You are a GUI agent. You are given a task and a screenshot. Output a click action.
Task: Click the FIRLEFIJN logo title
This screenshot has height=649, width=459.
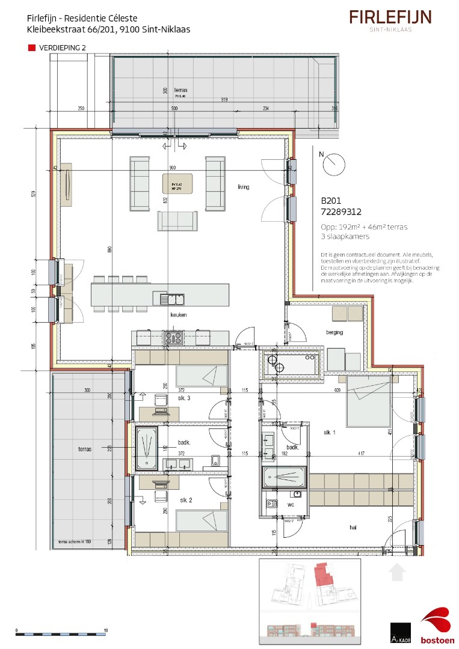pos(390,17)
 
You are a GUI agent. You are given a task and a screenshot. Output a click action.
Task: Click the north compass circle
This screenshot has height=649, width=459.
pos(334,163)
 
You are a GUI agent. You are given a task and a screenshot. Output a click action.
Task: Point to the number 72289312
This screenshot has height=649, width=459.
pos(341,212)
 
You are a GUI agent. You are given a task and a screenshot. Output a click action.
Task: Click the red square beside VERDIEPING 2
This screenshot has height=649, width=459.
pos(32,47)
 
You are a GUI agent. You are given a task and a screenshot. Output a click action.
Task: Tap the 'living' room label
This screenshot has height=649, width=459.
pos(243,187)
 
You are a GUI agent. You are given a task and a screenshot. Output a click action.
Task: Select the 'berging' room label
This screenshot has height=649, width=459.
pos(334,332)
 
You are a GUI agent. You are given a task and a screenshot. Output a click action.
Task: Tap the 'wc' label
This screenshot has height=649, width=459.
pos(290,505)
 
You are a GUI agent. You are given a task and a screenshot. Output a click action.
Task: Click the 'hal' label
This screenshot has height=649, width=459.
pos(353,528)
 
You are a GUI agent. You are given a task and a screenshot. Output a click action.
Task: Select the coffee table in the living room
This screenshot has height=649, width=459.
pos(177,184)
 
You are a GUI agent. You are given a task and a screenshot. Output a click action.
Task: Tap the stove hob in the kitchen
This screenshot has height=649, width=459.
pos(174,338)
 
